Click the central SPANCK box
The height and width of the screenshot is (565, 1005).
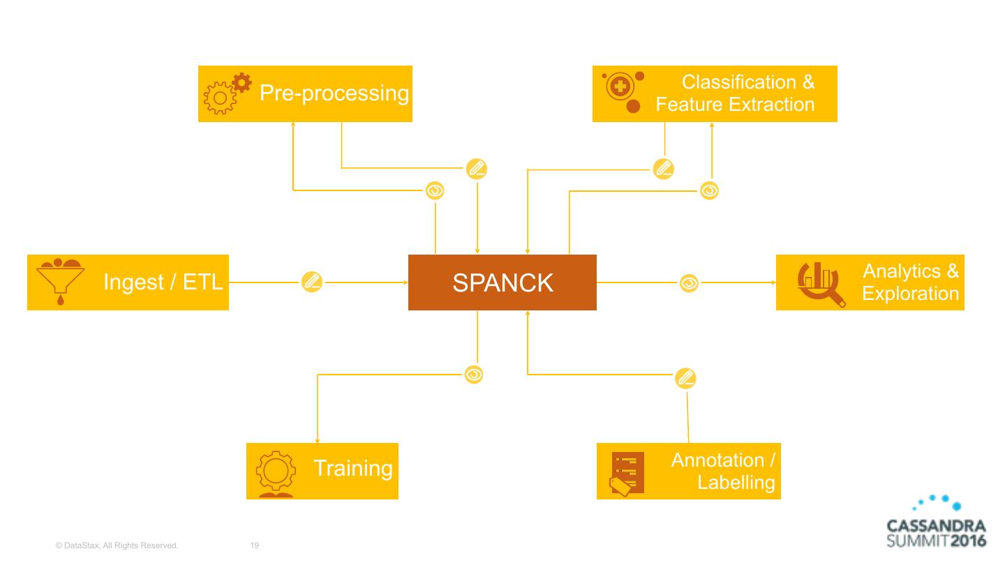[x=502, y=282]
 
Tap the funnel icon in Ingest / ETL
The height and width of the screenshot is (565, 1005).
[x=59, y=282]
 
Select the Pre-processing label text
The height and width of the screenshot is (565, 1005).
[x=334, y=93]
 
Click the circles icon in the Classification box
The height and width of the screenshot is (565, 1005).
[x=623, y=93]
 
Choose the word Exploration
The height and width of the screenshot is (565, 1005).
[x=910, y=293]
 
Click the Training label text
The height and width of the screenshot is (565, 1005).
[x=352, y=468]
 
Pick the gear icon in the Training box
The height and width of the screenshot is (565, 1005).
[x=276, y=472]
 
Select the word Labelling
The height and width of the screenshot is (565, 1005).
[x=736, y=482]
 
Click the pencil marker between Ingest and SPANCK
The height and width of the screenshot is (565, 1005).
[x=311, y=282]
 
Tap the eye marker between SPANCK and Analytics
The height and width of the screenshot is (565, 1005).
[x=689, y=283]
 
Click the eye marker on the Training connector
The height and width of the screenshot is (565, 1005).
[x=474, y=375]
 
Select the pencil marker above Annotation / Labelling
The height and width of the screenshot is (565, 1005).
[x=685, y=378]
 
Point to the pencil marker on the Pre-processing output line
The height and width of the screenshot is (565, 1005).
[x=477, y=168]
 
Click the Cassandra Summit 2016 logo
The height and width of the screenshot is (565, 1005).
[x=936, y=522]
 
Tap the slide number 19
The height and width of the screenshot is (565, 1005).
[x=254, y=545]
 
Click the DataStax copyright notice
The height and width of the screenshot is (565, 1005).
[x=117, y=545]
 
